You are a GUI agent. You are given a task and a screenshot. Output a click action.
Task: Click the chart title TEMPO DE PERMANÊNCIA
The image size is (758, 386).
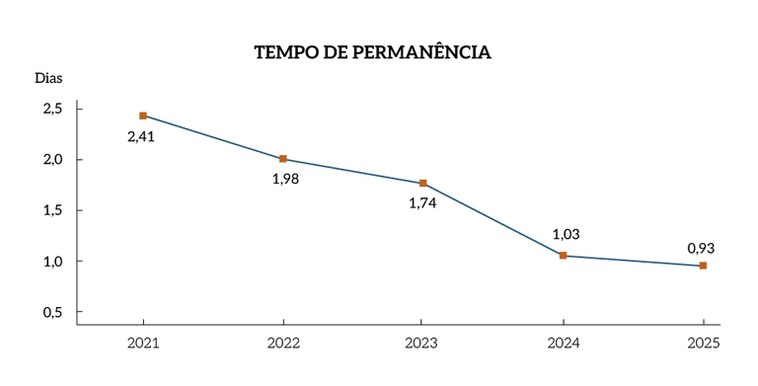[x=372, y=52]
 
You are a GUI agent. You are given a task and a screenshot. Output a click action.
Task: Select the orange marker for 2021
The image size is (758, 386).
[x=143, y=116]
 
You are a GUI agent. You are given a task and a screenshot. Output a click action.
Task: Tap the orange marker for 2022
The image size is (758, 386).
[x=283, y=159]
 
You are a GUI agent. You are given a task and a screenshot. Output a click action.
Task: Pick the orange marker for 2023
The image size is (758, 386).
[x=423, y=184]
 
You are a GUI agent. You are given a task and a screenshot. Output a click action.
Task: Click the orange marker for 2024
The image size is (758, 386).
[x=563, y=256]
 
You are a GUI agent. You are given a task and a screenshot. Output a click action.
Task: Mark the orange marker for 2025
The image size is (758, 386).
[x=703, y=266]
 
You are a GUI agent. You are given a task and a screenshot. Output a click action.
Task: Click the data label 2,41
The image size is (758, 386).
[x=141, y=136]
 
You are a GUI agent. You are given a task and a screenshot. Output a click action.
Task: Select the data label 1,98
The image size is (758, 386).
[x=285, y=179]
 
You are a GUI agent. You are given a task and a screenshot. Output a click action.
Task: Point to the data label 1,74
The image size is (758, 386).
[x=422, y=203]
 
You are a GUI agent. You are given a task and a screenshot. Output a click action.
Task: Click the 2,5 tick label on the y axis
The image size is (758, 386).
[x=52, y=109]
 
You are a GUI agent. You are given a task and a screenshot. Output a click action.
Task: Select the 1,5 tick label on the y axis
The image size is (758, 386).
[x=52, y=210]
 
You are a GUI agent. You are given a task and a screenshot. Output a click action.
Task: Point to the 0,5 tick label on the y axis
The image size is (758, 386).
[x=52, y=312]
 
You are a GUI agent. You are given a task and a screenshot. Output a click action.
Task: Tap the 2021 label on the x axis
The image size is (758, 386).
[x=143, y=343]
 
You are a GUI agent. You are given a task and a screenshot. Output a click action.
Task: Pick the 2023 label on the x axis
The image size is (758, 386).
[x=422, y=343]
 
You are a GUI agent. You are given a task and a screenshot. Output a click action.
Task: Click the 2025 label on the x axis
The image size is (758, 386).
[x=703, y=343]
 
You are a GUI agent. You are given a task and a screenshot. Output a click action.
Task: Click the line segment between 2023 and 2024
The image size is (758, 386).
[x=493, y=220]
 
